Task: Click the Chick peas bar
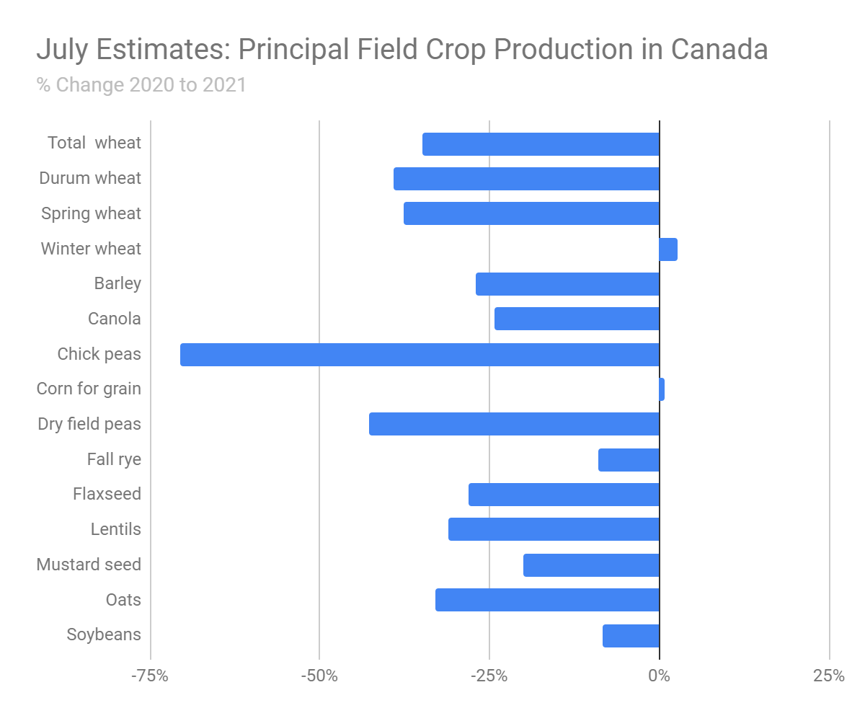tap(420, 355)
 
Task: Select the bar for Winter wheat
tap(668, 249)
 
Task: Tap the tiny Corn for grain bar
tap(662, 389)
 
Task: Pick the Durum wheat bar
tap(526, 179)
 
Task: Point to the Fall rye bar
tap(629, 460)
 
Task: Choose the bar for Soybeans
tap(631, 636)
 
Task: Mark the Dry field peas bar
tap(514, 424)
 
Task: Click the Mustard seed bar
tap(591, 565)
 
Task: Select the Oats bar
tap(547, 600)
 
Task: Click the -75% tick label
tap(150, 676)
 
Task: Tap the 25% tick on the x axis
tap(829, 676)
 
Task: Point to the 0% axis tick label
tap(659, 676)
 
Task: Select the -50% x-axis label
tap(319, 676)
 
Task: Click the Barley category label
tap(117, 283)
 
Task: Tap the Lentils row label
tap(116, 529)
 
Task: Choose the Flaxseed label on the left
tap(107, 494)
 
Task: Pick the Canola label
tap(115, 319)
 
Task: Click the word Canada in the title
tap(719, 50)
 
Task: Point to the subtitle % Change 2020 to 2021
tap(141, 85)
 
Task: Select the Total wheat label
tap(94, 143)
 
